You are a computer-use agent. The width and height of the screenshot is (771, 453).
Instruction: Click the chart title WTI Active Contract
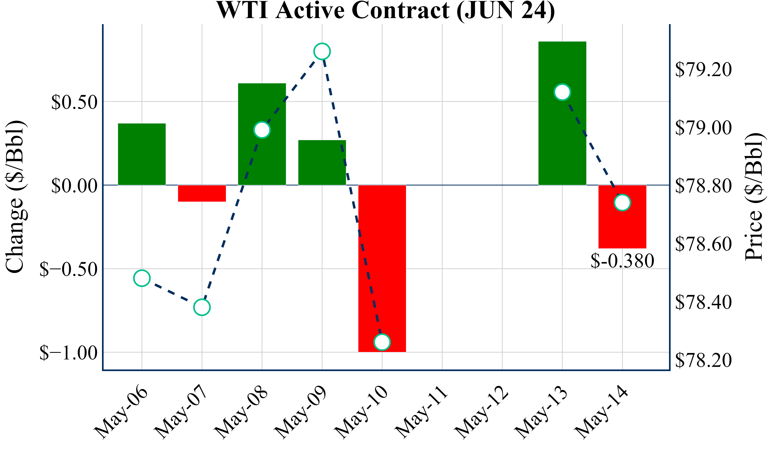coord(385,10)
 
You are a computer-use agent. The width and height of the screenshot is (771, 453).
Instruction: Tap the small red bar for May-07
coord(202,193)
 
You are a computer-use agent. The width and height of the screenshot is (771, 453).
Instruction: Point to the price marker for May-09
coord(322,51)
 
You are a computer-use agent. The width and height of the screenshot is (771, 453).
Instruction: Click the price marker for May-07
coord(202,307)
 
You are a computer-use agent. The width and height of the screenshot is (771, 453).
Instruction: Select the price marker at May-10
coord(382,342)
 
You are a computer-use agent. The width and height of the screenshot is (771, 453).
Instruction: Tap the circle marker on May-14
coord(622,203)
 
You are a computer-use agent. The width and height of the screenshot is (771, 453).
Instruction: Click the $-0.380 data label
coord(622,261)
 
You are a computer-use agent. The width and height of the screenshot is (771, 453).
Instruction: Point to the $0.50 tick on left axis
coord(74,102)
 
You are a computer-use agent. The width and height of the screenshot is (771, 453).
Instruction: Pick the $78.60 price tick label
coord(703,244)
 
